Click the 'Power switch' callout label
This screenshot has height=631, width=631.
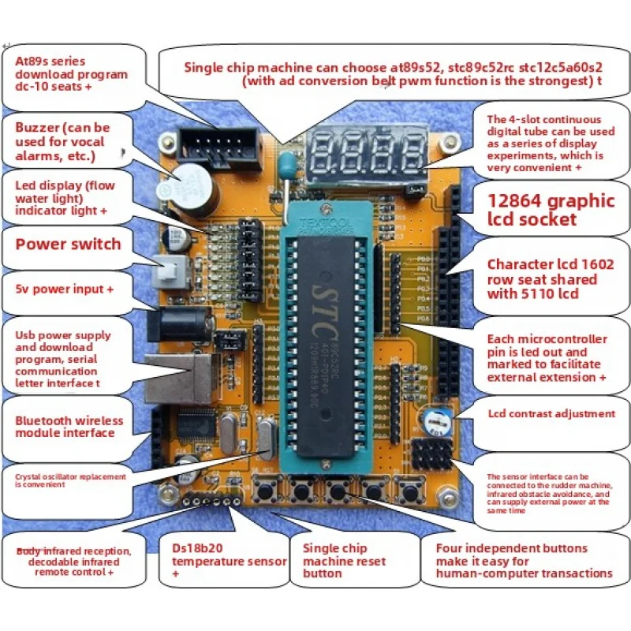coord(68,244)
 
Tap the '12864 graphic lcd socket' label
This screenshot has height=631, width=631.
coord(551,210)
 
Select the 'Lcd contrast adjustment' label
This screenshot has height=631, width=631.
coord(551,413)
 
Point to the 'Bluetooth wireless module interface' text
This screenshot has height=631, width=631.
coord(65,427)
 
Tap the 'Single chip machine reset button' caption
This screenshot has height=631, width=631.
coord(345,561)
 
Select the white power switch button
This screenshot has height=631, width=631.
coord(168,273)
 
